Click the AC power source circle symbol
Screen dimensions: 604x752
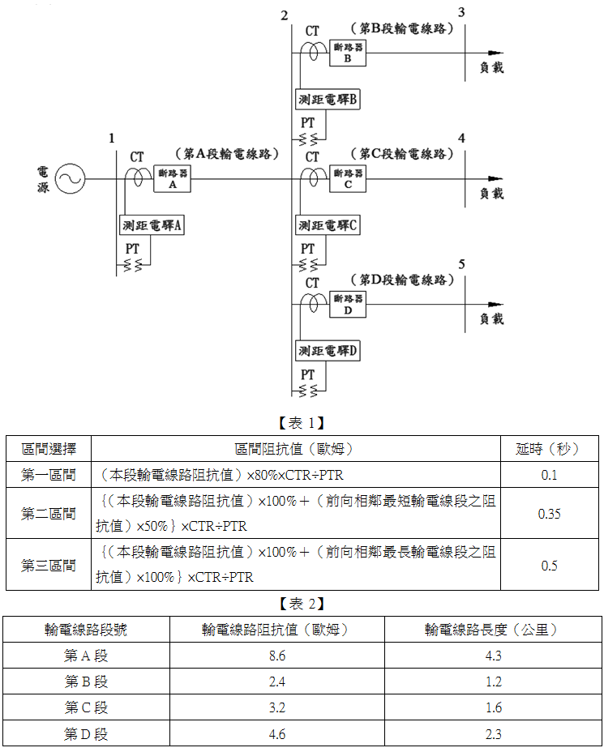[x=70, y=179]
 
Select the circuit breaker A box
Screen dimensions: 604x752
[x=172, y=179]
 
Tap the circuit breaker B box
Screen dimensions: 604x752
[x=348, y=53]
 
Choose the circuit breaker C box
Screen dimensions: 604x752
[x=348, y=179]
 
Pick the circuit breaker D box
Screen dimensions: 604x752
[x=348, y=305]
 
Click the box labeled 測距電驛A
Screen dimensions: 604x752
[x=152, y=225]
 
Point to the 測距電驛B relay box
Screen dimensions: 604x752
[x=328, y=100]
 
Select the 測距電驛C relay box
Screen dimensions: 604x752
[x=328, y=225]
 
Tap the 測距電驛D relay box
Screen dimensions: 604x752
[x=328, y=351]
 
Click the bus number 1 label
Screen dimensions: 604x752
[x=112, y=139]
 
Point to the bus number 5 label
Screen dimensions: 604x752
[x=461, y=264]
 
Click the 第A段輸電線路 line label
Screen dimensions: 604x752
[x=227, y=154]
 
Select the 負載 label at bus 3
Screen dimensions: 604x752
[x=492, y=67]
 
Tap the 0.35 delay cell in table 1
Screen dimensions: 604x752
[x=550, y=514]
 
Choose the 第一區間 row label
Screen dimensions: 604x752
[x=49, y=475]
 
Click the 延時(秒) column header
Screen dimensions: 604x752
[x=550, y=449]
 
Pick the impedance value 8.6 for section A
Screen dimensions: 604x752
[x=277, y=656]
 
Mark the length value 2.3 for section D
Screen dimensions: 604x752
[x=493, y=734]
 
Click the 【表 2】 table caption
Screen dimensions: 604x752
[x=302, y=604]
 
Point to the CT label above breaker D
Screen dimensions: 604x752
[x=312, y=283]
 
